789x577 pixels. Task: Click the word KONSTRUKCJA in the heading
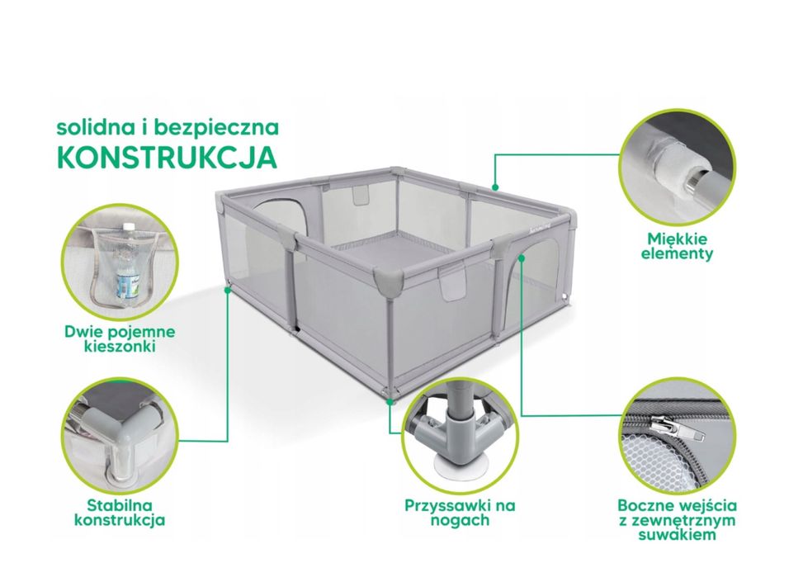(x=167, y=157)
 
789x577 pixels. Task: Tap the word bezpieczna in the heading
(x=216, y=127)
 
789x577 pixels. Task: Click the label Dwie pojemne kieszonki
(x=120, y=338)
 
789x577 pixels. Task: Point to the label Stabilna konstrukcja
(x=120, y=512)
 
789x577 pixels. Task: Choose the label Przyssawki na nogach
(x=460, y=512)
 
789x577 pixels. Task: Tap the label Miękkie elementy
(x=677, y=246)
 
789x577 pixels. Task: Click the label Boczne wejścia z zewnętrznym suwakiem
(x=677, y=519)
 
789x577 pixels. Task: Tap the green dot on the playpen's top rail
(x=496, y=187)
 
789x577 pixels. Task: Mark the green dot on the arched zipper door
(x=522, y=258)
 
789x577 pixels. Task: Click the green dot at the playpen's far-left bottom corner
(x=228, y=290)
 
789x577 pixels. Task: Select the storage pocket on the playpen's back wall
(x=360, y=194)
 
